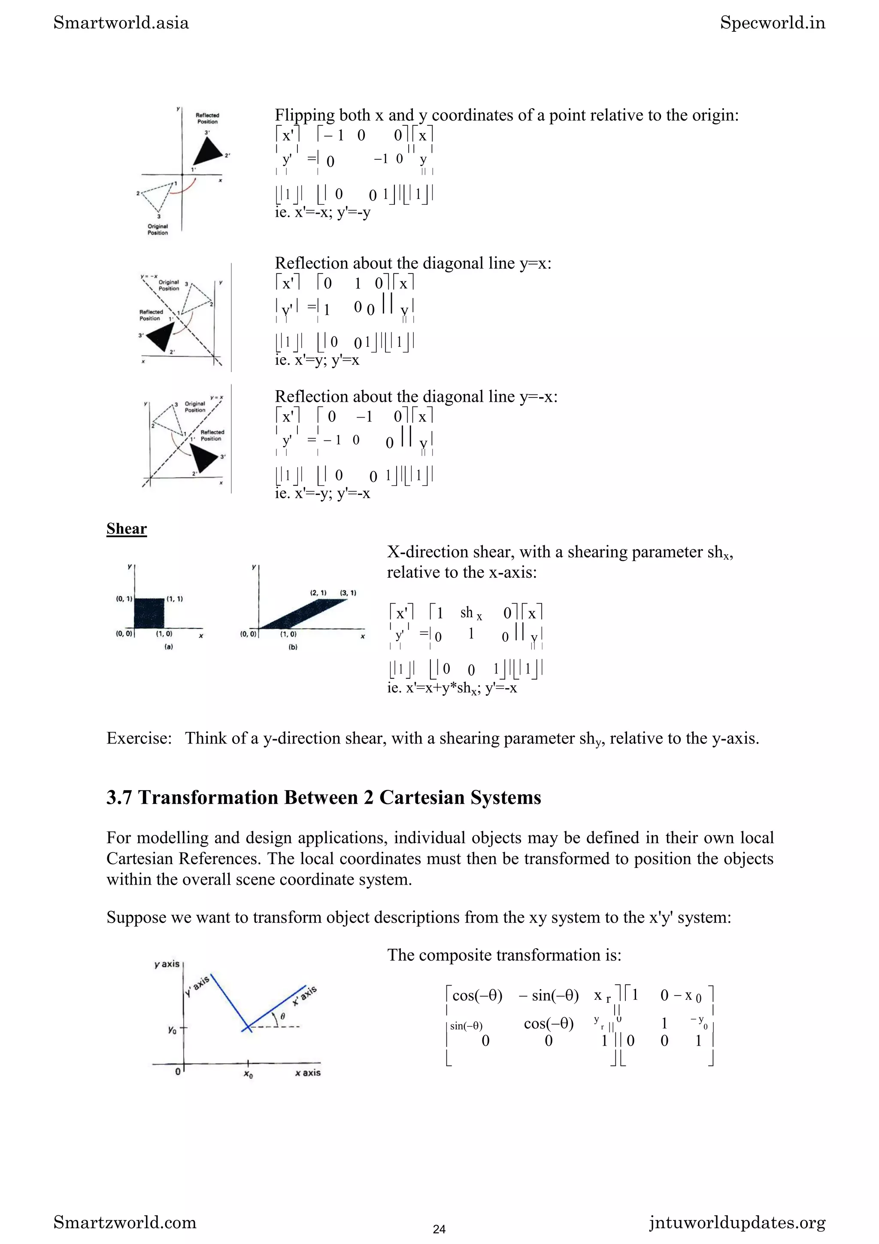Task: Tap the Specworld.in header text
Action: [x=772, y=23]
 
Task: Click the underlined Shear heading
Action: [x=126, y=528]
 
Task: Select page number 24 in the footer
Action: [x=439, y=1229]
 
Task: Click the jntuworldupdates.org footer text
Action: [x=737, y=1223]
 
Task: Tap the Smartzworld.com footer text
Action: [x=124, y=1223]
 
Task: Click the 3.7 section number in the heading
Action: [x=119, y=798]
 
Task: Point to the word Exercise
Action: [x=139, y=738]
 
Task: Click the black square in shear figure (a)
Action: [x=149, y=613]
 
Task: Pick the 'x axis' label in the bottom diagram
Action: [x=308, y=1073]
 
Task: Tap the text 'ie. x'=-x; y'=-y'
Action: [x=322, y=212]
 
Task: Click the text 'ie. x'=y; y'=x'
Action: [x=317, y=360]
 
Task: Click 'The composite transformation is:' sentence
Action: [x=504, y=955]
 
